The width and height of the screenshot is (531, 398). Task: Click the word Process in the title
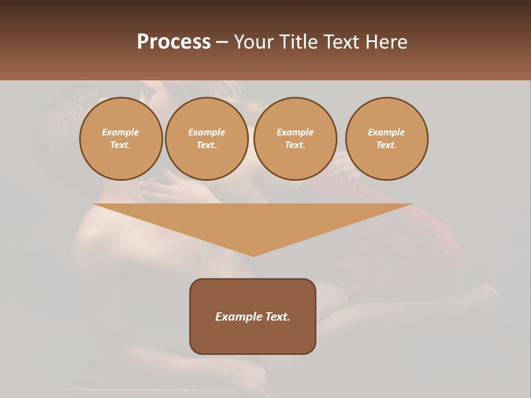click(174, 42)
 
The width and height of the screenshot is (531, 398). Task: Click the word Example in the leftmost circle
click(121, 132)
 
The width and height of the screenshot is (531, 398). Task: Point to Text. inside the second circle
click(206, 145)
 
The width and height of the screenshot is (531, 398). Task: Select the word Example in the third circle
click(295, 132)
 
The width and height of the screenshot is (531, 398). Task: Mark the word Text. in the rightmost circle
click(386, 145)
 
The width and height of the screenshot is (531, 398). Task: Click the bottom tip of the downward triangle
click(253, 255)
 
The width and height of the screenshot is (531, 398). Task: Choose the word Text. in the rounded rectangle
click(277, 317)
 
